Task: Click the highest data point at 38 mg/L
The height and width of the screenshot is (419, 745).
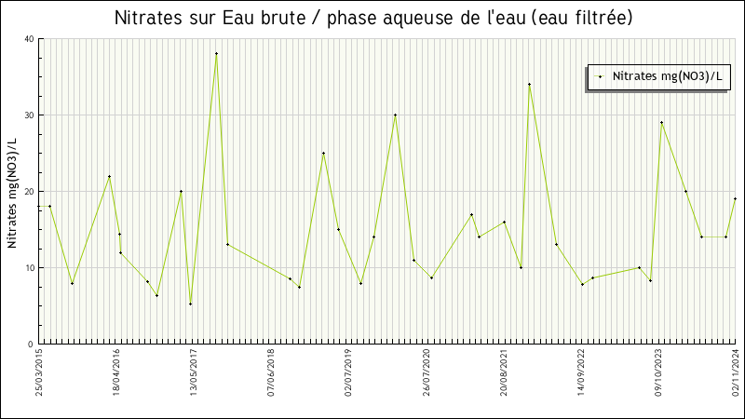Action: click(x=216, y=53)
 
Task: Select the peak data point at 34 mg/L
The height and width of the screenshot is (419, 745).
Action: click(x=529, y=84)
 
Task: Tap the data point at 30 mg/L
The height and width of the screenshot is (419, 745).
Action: click(x=395, y=115)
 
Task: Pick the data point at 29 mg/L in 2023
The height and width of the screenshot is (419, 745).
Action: click(x=661, y=122)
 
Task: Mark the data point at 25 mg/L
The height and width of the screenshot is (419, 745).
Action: click(x=323, y=153)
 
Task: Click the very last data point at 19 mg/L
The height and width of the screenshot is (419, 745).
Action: click(x=735, y=198)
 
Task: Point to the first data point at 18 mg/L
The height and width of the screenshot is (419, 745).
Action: click(x=49, y=206)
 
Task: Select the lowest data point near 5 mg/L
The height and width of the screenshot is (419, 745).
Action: click(x=190, y=304)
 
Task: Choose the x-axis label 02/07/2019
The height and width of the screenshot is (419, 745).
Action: click(x=349, y=372)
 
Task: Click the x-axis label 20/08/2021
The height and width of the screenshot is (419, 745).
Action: click(x=504, y=372)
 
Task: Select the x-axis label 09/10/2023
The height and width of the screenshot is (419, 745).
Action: click(x=658, y=372)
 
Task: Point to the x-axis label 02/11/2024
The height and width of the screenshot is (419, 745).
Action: click(x=735, y=372)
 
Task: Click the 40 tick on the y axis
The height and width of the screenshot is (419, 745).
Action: click(x=29, y=39)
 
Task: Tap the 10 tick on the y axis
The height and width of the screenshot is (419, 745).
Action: click(x=29, y=268)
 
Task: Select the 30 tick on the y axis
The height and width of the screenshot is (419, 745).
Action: click(x=29, y=115)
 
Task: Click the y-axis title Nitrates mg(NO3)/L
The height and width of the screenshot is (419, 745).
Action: click(x=12, y=191)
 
